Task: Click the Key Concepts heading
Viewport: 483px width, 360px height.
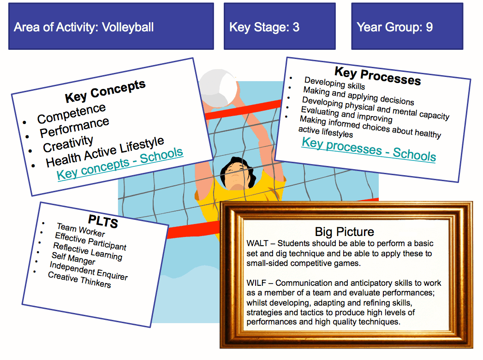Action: pyautogui.click(x=105, y=91)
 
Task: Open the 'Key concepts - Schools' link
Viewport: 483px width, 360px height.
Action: pyautogui.click(x=120, y=164)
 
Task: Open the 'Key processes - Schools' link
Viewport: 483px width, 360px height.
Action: pyautogui.click(x=369, y=149)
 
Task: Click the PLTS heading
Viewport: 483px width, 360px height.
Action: pyautogui.click(x=103, y=221)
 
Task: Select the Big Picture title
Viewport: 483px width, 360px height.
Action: pyautogui.click(x=344, y=231)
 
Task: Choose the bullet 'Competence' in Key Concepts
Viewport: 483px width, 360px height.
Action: pyautogui.click(x=72, y=113)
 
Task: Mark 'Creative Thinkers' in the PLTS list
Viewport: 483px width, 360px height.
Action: pyautogui.click(x=79, y=279)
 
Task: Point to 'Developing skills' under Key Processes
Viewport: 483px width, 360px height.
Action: pyautogui.click(x=334, y=83)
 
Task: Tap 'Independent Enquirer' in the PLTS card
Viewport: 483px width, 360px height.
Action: pyautogui.click(x=89, y=271)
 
